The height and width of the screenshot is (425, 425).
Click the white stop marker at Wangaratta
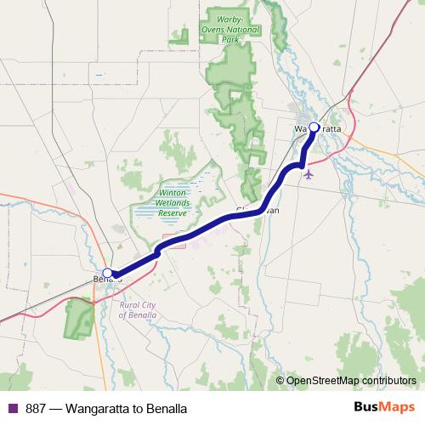(x=314, y=127)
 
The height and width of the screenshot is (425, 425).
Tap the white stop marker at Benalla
(x=108, y=273)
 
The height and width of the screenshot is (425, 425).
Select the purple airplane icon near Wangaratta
(x=308, y=174)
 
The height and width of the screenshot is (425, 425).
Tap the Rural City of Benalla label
(x=140, y=309)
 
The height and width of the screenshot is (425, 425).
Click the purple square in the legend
(x=12, y=408)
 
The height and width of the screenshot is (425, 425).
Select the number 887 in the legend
(x=37, y=408)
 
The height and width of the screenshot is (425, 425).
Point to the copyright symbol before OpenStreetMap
(x=280, y=381)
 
